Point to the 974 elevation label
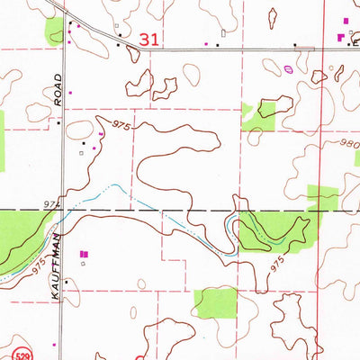pos(49,205)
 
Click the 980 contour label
pos(350,144)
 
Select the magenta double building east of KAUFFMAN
pos(85,256)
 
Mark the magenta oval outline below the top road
pos(288,67)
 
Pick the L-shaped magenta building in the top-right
pos(340,37)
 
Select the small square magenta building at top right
pos(346,19)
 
